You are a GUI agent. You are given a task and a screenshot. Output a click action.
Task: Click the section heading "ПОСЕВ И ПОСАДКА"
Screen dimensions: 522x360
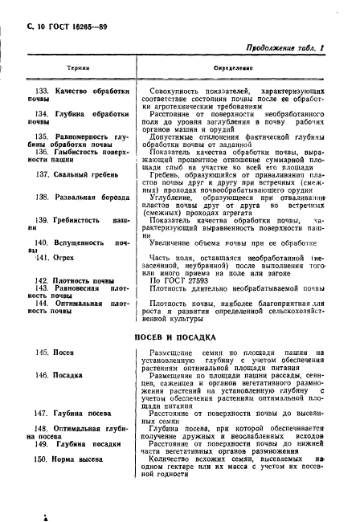click(180, 338)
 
